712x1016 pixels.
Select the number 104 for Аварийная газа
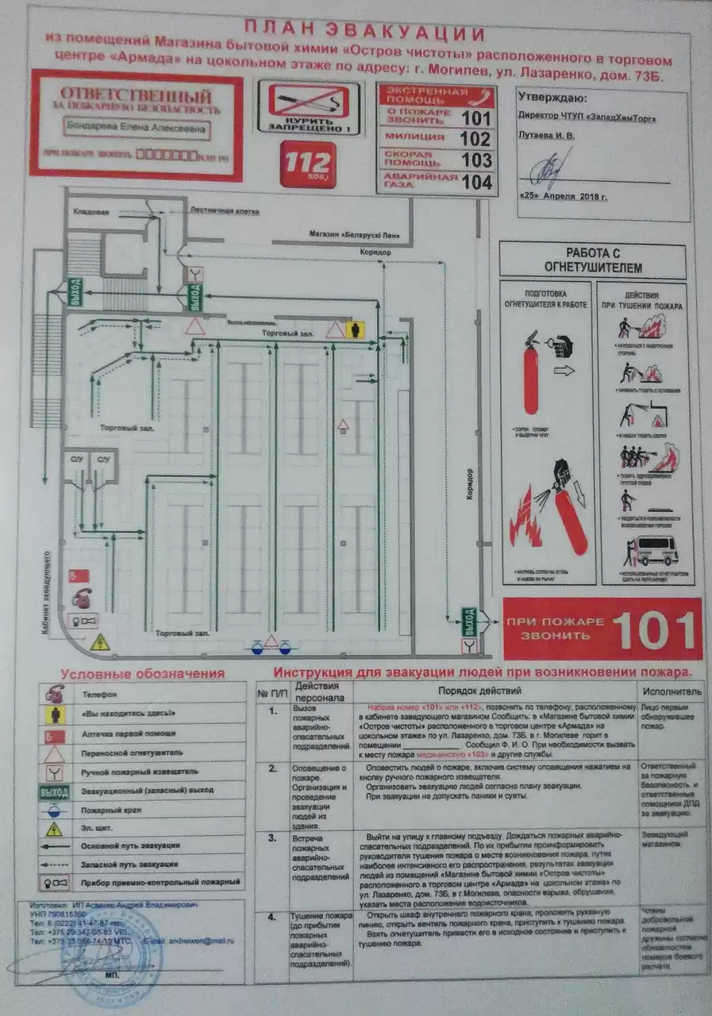coord(476,182)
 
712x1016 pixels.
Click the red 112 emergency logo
coord(308,164)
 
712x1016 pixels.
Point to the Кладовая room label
coord(90,212)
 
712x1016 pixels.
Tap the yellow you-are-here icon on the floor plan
coord(356,329)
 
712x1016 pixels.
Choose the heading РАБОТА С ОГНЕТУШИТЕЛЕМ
coord(592,260)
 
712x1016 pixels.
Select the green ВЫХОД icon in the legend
coord(54,791)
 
